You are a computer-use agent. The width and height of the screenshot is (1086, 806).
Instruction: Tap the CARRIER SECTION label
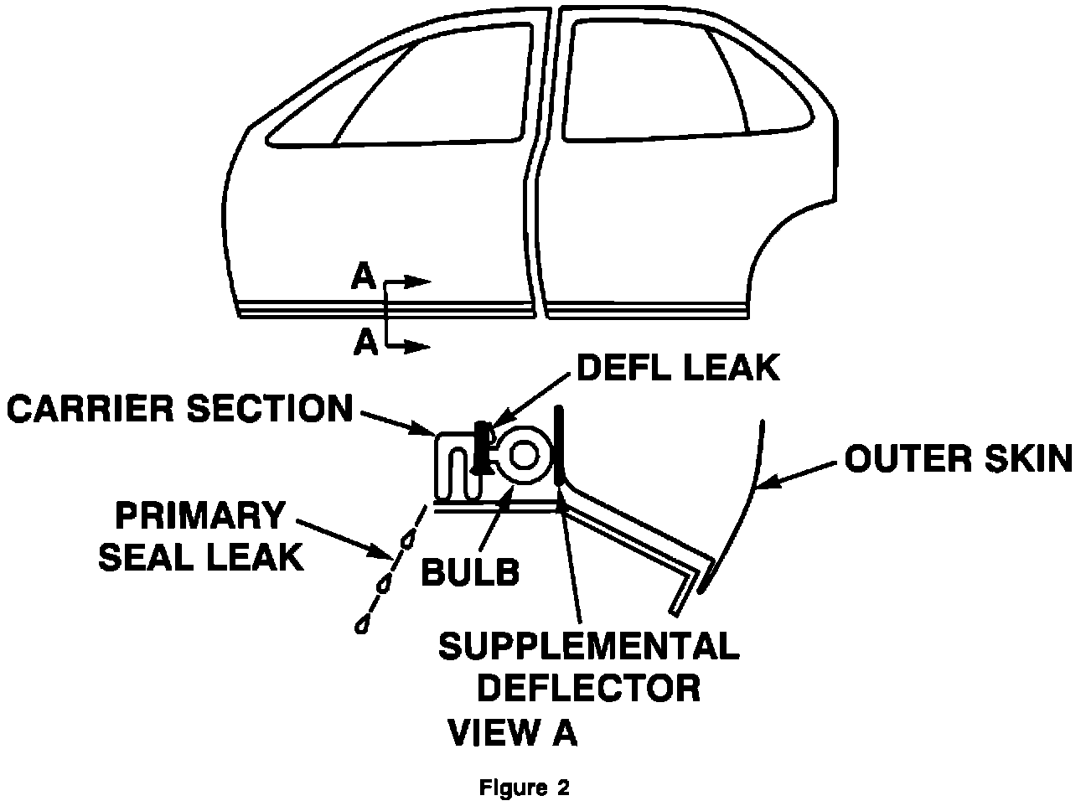(x=179, y=408)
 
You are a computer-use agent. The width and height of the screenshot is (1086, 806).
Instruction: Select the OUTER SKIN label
(x=958, y=459)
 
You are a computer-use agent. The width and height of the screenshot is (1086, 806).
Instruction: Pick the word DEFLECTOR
(x=594, y=688)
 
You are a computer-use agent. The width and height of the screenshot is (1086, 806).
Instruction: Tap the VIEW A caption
(x=513, y=731)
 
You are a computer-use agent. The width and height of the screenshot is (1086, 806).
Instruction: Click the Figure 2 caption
(x=525, y=788)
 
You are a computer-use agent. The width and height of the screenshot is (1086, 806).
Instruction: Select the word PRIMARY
(x=199, y=516)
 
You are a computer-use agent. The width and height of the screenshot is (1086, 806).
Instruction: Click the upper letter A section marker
(x=364, y=277)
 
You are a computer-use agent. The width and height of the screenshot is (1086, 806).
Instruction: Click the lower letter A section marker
(x=365, y=342)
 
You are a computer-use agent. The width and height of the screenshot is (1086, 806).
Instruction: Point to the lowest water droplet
(x=363, y=624)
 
